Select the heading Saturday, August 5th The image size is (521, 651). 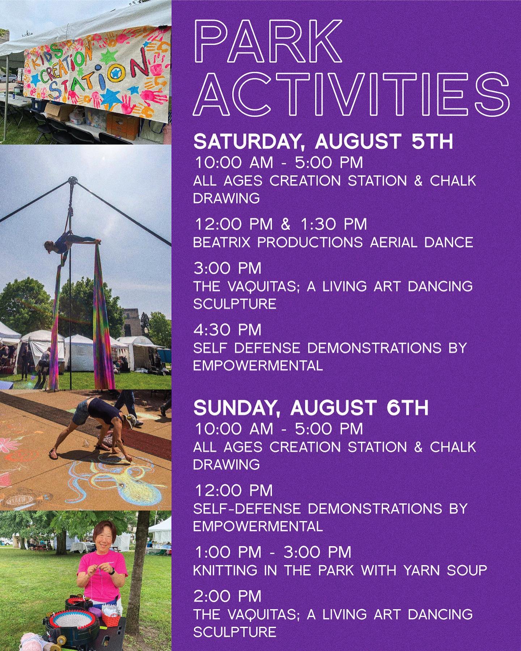[323, 142]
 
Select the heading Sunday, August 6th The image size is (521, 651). [311, 408]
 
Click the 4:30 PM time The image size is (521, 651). [228, 330]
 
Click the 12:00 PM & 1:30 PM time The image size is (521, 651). [280, 224]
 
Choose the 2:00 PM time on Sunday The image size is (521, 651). [228, 596]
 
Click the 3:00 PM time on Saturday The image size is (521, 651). [228, 268]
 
